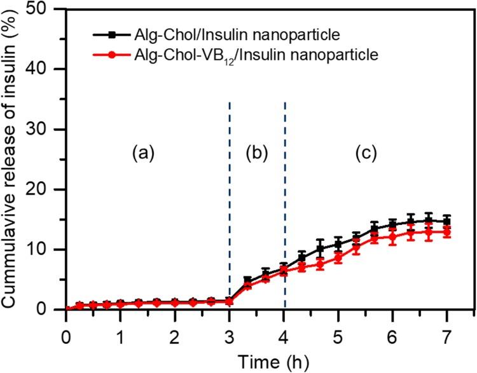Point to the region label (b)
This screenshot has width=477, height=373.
pyautogui.click(x=257, y=153)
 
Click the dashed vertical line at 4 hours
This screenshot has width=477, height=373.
pyautogui.click(x=284, y=191)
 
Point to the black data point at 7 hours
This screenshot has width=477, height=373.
pyautogui.click(x=447, y=221)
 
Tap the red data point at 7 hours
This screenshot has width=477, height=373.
pyautogui.click(x=447, y=233)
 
